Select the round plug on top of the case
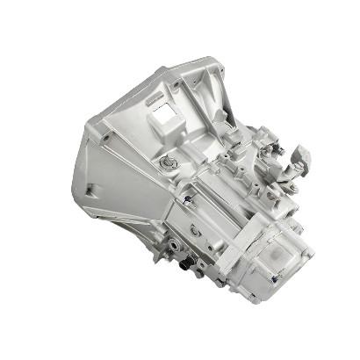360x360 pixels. point(167,163)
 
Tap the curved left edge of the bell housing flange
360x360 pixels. point(76,176)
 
